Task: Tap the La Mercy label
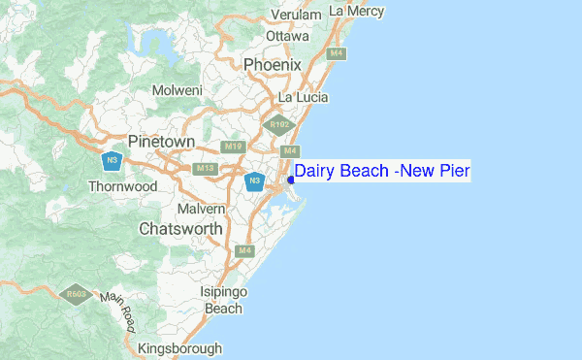tap(357, 11)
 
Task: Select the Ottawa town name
tap(287, 36)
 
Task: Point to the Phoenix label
tap(273, 64)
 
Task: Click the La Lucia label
tap(303, 98)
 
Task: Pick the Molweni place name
tap(177, 90)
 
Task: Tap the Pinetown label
tap(161, 142)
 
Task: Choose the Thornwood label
tap(122, 185)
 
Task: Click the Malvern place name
tap(202, 209)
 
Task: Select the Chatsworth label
tap(180, 230)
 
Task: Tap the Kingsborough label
tap(180, 348)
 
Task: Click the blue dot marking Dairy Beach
tap(291, 179)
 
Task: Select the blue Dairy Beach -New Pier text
tap(382, 172)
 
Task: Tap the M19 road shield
tap(231, 147)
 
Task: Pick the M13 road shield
tap(205, 169)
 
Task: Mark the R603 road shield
tap(74, 292)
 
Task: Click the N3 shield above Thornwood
tap(113, 159)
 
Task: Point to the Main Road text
tap(120, 310)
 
